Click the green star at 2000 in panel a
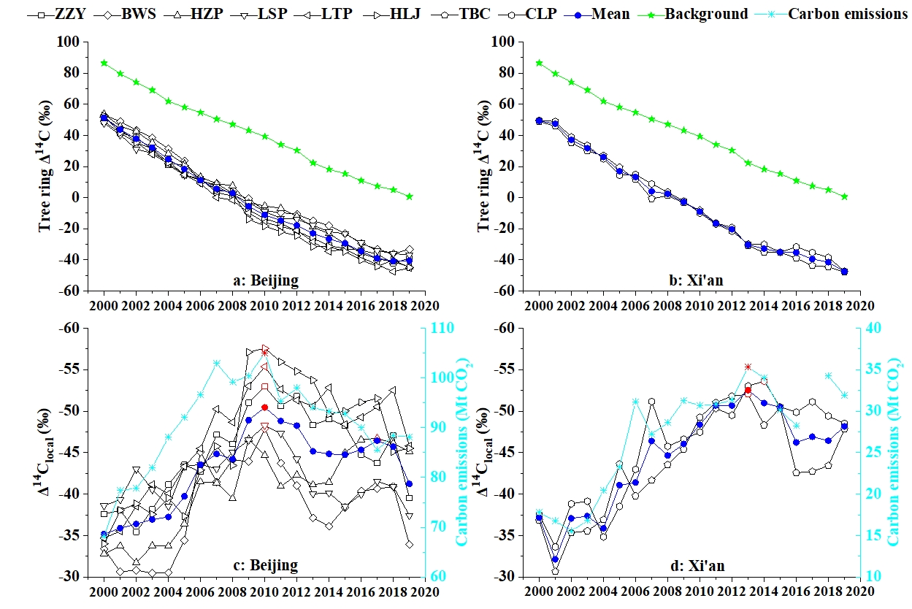(x=104, y=64)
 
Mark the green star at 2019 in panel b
(x=844, y=196)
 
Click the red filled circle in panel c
(x=264, y=407)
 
